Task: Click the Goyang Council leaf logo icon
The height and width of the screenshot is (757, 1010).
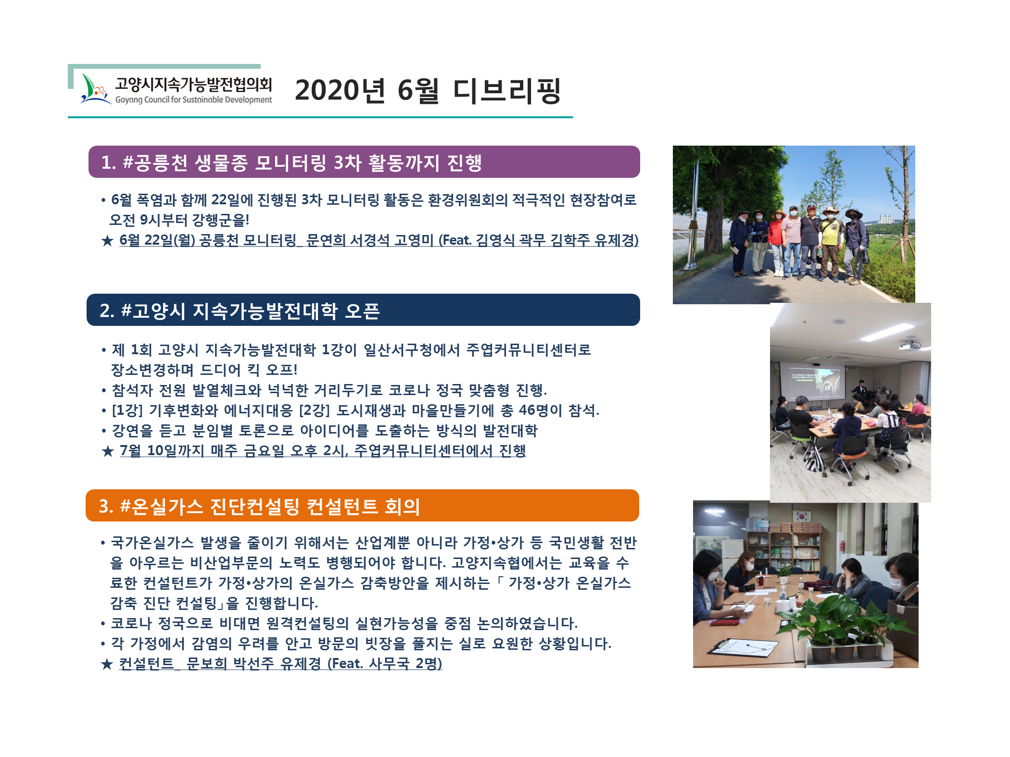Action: click(x=95, y=89)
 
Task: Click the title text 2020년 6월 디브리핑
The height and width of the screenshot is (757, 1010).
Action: click(x=428, y=90)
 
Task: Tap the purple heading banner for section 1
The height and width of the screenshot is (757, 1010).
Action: click(x=364, y=162)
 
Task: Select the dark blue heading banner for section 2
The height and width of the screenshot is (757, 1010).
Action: click(x=363, y=310)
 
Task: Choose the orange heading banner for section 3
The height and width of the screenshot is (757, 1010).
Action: click(x=362, y=506)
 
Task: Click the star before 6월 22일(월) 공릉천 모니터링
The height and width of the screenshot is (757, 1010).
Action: click(x=107, y=240)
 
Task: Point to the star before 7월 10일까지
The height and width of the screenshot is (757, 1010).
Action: click(x=107, y=451)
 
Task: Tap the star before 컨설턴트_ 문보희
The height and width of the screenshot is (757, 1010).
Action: click(x=107, y=664)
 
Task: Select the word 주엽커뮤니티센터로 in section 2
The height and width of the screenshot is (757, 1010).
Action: click(x=529, y=349)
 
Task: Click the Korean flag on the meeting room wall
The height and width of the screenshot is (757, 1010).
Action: click(x=802, y=517)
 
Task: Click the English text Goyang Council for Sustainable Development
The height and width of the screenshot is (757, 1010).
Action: click(x=193, y=100)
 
